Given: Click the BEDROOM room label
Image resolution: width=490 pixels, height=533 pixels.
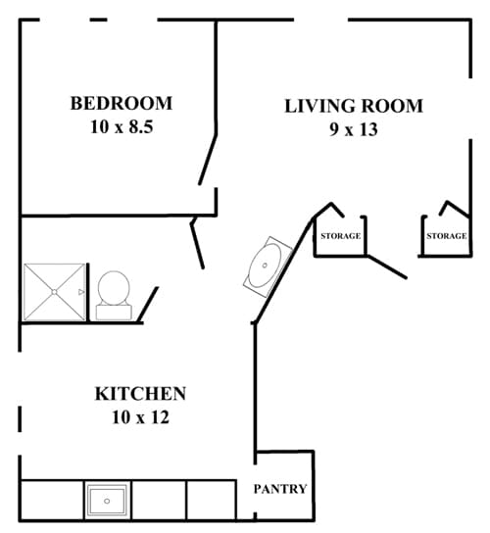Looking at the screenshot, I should (122, 103).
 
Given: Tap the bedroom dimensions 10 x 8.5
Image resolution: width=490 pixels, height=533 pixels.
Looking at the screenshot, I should (122, 126).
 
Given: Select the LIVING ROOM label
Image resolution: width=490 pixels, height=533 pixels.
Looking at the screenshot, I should (354, 106).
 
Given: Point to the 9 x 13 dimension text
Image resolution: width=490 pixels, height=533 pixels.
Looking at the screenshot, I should (354, 128).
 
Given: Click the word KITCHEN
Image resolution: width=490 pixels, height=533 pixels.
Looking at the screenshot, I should (140, 394).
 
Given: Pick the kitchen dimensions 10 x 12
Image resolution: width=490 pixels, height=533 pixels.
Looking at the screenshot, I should (140, 418).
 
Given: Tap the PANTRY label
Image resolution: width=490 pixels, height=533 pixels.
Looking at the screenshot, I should (280, 489).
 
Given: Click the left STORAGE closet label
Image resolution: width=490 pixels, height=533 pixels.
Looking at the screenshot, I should (340, 236).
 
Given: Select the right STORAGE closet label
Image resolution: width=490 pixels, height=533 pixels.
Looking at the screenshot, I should (446, 236).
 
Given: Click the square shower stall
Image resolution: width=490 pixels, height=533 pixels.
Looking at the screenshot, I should (55, 292).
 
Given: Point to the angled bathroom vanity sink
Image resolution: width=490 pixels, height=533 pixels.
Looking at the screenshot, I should (265, 263).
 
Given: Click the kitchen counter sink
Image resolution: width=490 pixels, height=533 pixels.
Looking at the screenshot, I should (105, 501).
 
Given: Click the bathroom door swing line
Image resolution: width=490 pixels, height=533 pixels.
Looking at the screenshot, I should (198, 243).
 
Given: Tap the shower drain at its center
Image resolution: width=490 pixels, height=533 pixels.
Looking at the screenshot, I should (55, 292).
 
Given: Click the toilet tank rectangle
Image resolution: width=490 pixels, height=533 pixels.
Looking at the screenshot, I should (113, 312).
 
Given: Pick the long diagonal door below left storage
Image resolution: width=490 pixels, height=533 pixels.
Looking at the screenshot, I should (385, 266).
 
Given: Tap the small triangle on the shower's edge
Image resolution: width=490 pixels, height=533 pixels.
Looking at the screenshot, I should (82, 292).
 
